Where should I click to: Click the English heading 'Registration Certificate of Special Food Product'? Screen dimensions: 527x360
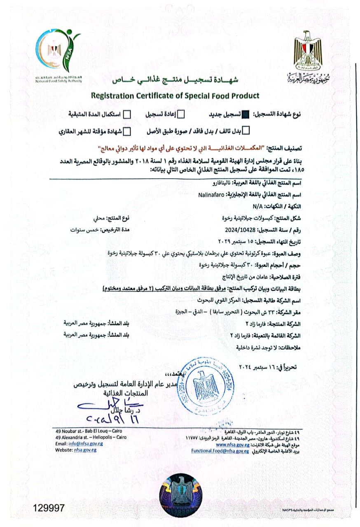coord(175,96)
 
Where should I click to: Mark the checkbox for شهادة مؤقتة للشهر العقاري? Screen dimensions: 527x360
coord(128,132)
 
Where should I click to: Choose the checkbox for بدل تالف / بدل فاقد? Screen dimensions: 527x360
coord(246,132)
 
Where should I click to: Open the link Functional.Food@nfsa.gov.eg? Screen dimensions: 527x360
coord(220,450)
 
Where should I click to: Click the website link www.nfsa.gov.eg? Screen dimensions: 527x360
coord(232,445)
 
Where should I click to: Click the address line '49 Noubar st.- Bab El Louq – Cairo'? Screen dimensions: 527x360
coord(89,431)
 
